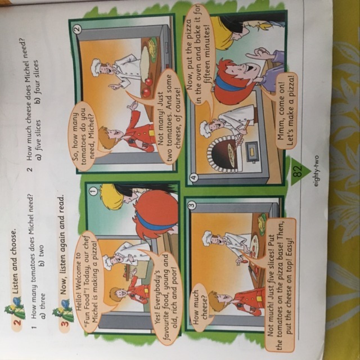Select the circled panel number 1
[93, 190]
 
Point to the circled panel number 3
[192, 203]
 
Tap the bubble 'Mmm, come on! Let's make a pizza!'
[286, 111]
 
